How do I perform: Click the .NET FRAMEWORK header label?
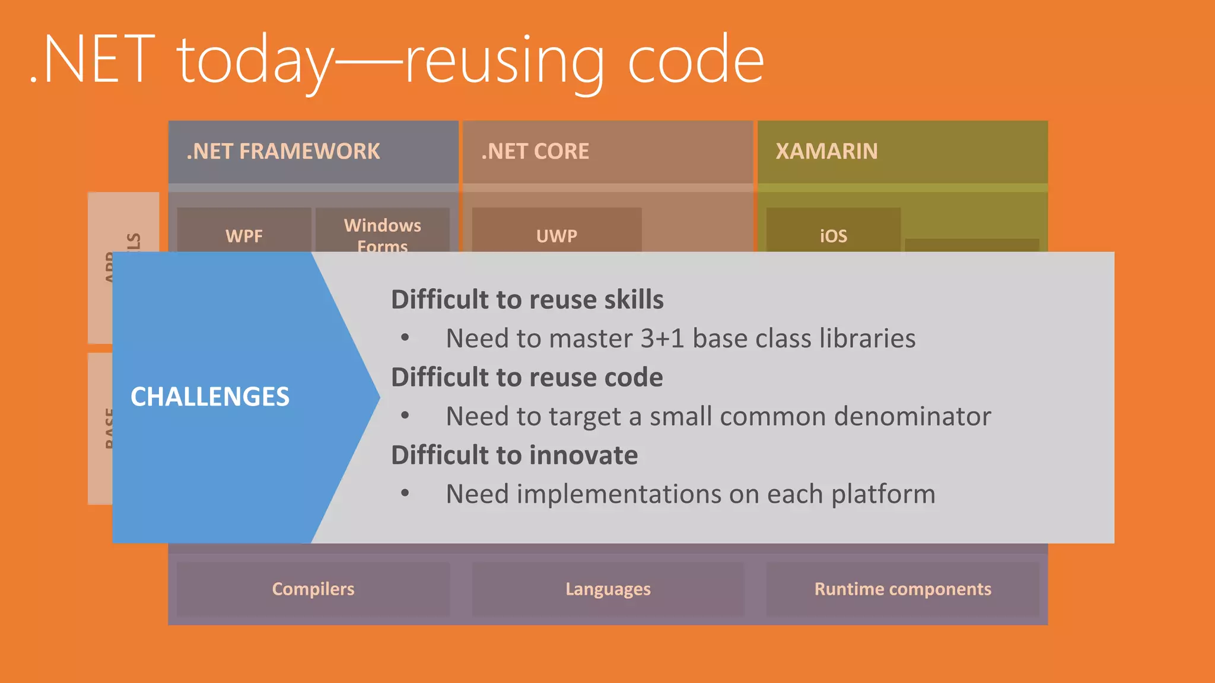click(x=283, y=152)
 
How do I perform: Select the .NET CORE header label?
click(x=535, y=152)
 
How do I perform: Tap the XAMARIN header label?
click(x=826, y=152)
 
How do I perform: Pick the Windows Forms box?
click(x=383, y=234)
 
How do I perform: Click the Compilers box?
click(x=313, y=589)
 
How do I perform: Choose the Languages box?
click(x=608, y=589)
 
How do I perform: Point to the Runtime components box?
click(x=902, y=589)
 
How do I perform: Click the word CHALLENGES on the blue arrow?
click(x=210, y=397)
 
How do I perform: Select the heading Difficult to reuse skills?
click(x=527, y=299)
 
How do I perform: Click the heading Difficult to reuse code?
click(x=527, y=378)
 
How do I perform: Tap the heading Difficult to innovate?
click(x=514, y=455)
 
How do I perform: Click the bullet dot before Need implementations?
click(x=405, y=493)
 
